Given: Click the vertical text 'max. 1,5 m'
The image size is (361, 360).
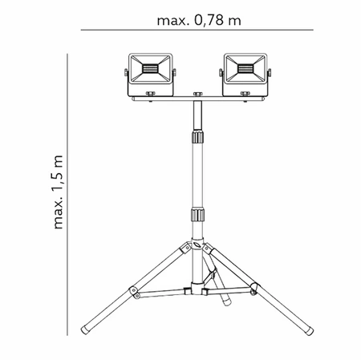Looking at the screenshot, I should [58, 192].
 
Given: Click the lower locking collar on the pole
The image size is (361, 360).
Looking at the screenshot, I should [196, 216].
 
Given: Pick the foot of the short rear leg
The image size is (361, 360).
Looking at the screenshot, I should [225, 303].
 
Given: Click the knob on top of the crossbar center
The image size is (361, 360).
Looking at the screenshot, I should [196, 95].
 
